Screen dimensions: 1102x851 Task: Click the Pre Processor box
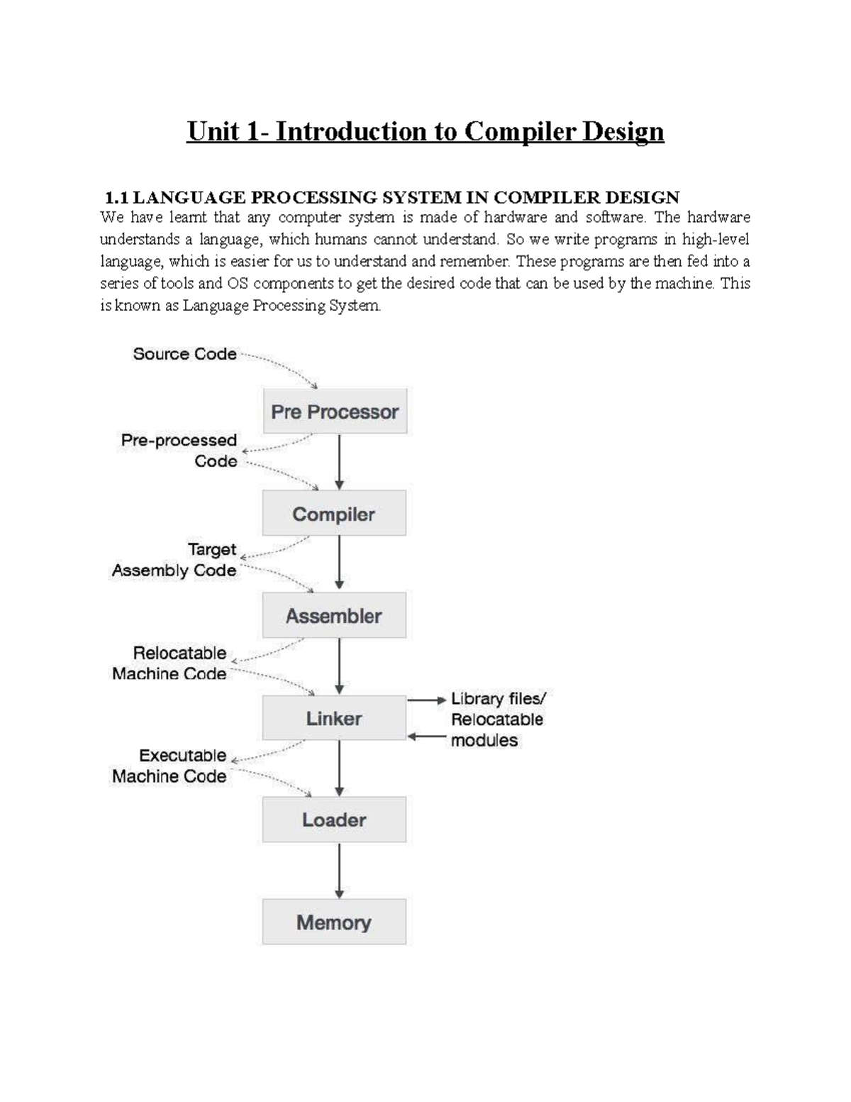(x=335, y=412)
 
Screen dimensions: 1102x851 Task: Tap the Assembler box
(x=334, y=615)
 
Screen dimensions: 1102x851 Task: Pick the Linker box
(x=334, y=718)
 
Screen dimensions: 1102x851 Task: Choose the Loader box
(x=334, y=820)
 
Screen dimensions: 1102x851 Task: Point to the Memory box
(x=334, y=922)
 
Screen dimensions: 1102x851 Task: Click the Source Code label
(x=184, y=354)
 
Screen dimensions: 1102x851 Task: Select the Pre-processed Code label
(x=179, y=451)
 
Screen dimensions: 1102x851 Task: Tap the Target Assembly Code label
(x=174, y=560)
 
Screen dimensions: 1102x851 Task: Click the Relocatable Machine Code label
(x=169, y=663)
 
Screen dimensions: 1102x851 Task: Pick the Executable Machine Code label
(x=169, y=766)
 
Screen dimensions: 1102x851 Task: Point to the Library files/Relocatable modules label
(x=498, y=720)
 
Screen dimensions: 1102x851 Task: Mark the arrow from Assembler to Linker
(x=340, y=666)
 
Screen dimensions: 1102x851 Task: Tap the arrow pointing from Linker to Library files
(x=427, y=700)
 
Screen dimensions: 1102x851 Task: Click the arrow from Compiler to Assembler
(x=340, y=563)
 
